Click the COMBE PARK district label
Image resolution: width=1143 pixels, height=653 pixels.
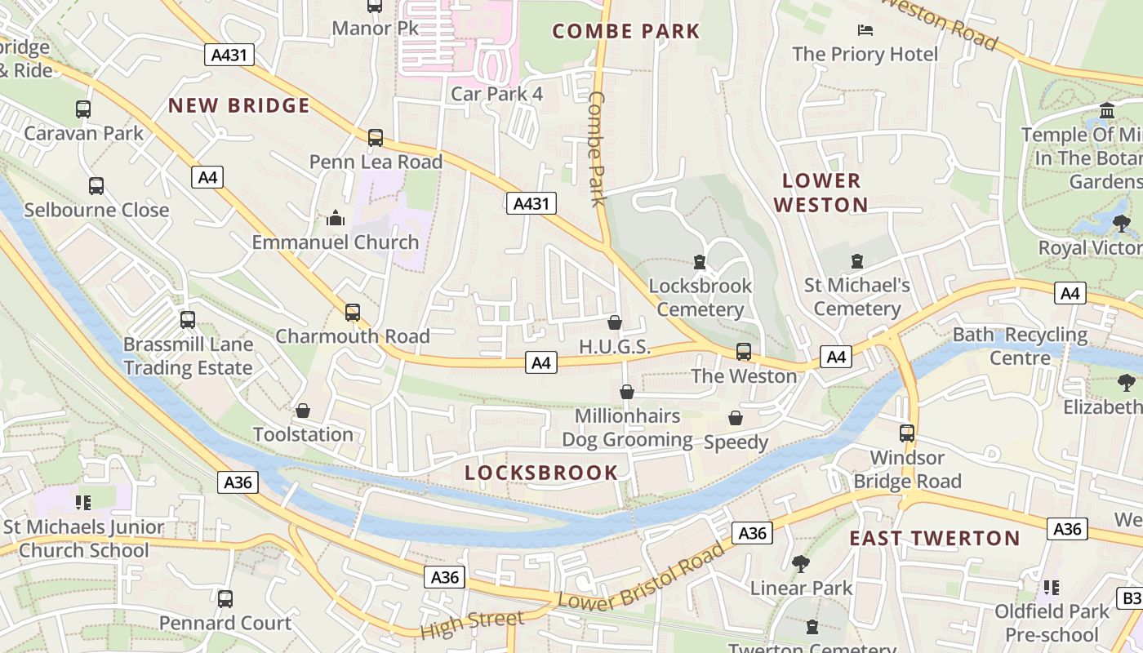tap(626, 32)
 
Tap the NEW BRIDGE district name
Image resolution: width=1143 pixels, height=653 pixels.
tap(239, 105)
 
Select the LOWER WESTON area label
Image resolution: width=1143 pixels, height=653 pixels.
tap(821, 193)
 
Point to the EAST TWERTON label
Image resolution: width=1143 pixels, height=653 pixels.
tap(935, 538)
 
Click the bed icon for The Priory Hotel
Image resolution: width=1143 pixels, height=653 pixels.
tap(865, 30)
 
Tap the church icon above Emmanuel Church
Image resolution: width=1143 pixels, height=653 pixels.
tap(336, 218)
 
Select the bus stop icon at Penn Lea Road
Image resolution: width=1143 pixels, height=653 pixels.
tap(376, 137)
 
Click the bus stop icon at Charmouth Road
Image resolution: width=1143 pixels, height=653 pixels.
tap(353, 312)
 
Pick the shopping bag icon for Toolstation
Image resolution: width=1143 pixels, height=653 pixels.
tap(303, 410)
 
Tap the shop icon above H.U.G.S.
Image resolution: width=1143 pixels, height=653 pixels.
tap(615, 322)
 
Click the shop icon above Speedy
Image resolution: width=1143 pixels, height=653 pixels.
tap(736, 418)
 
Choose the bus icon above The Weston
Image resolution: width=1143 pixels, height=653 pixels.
tap(744, 352)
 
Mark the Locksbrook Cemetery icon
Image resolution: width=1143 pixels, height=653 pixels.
tap(699, 262)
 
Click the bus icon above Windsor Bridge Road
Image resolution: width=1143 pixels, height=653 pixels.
tap(907, 433)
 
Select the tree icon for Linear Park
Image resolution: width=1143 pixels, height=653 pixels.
tap(801, 563)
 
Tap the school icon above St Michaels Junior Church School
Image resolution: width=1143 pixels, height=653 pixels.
tap(82, 502)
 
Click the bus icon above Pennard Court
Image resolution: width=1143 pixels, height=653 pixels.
tap(225, 598)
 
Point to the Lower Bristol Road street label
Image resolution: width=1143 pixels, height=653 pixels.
tap(642, 577)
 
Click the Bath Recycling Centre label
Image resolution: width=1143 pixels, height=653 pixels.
tap(1021, 346)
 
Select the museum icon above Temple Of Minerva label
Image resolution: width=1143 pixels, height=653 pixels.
tap(1107, 110)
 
